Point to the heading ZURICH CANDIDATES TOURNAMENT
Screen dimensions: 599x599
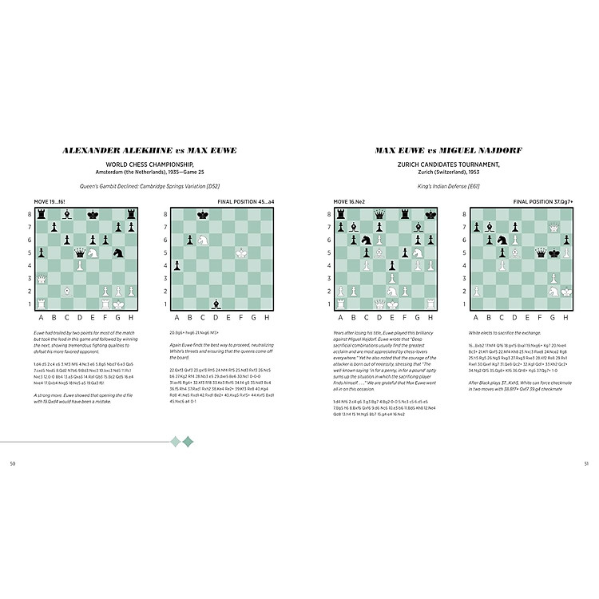pos(450,165)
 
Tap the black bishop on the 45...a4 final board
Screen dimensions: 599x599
pos(216,303)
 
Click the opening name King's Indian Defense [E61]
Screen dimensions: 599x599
pos(450,188)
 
